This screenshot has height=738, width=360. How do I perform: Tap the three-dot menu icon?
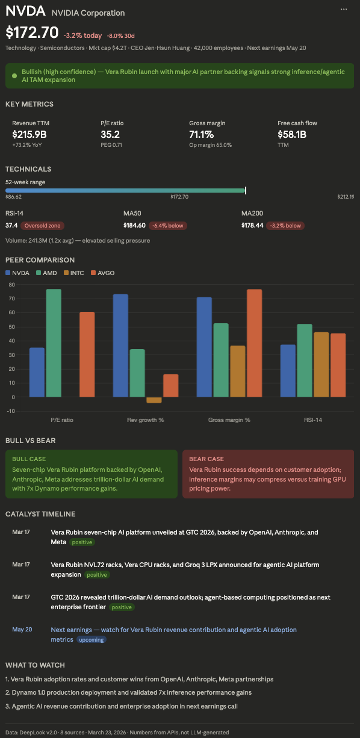click(344, 9)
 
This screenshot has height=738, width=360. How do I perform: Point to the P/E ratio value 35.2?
click(110, 134)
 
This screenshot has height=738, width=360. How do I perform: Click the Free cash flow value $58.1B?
click(292, 134)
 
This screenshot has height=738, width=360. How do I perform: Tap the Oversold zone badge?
click(42, 226)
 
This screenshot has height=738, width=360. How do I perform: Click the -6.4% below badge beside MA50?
click(168, 226)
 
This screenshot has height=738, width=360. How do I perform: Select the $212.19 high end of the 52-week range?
click(346, 197)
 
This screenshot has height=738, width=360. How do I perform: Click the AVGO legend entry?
click(102, 273)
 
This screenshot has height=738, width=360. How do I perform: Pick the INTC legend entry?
click(73, 273)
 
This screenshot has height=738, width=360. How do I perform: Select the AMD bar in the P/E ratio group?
click(54, 343)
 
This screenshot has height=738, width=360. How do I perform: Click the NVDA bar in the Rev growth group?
click(120, 345)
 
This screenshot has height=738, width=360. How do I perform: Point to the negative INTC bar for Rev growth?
click(154, 400)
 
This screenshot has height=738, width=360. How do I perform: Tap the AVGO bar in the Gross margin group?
click(254, 343)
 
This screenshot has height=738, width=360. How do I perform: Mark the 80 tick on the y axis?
click(11, 284)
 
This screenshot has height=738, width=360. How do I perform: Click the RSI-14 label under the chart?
click(313, 420)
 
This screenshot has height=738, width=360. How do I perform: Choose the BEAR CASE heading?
click(206, 459)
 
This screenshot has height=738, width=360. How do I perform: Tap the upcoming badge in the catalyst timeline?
click(91, 640)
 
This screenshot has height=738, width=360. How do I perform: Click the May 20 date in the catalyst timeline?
click(22, 630)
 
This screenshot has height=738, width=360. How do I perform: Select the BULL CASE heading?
click(29, 459)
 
